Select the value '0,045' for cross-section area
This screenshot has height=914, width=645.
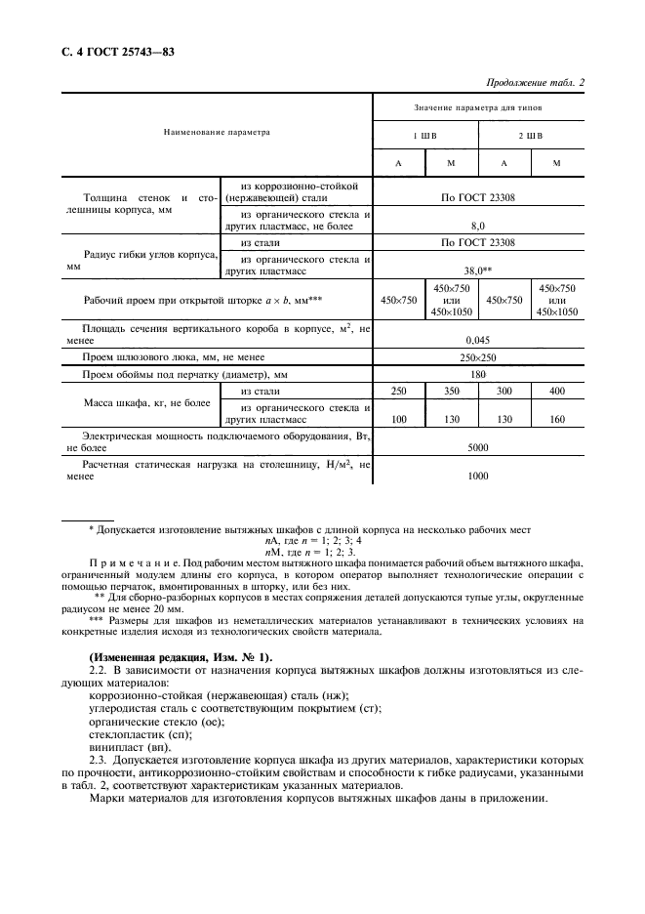pos(478,339)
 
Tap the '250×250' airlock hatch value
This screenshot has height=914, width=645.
pos(478,358)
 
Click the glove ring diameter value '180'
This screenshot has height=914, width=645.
pos(478,375)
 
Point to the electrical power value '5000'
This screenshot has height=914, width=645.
pos(478,446)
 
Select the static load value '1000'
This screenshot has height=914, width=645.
pos(478,476)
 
